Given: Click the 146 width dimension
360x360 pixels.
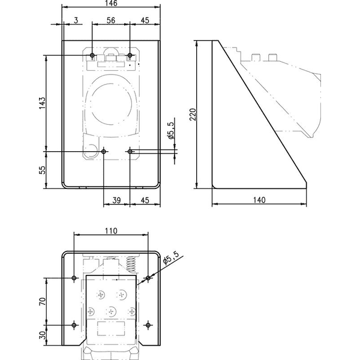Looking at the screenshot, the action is click(111, 3).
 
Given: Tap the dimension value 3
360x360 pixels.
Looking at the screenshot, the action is click(76, 20).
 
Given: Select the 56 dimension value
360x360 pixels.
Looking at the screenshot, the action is click(110, 20).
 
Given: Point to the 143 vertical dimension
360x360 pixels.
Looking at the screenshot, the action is click(42, 103).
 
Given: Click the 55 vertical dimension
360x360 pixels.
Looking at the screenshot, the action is click(42, 170).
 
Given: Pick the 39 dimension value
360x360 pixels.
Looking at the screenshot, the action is click(116, 200).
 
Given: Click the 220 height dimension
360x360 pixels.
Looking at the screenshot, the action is click(193, 115).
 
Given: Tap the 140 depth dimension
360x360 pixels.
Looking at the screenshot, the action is click(259, 200).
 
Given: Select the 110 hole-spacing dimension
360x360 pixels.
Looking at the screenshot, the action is click(111, 230).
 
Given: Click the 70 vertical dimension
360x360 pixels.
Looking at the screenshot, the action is click(42, 301).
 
